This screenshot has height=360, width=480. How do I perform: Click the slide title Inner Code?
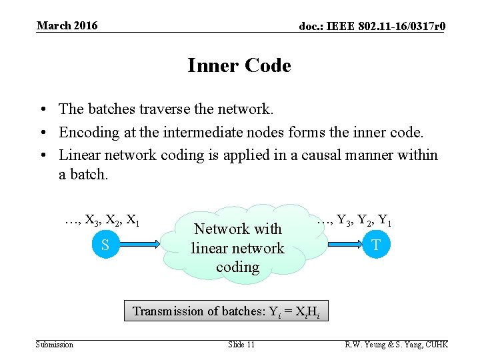pyautogui.click(x=239, y=66)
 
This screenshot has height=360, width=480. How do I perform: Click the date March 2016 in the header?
pyautogui.click(x=67, y=26)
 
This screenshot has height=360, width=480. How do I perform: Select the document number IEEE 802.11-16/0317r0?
pyautogui.click(x=372, y=27)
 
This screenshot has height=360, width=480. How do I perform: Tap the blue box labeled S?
pyautogui.click(x=105, y=245)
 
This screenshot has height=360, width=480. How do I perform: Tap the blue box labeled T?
pyautogui.click(x=376, y=245)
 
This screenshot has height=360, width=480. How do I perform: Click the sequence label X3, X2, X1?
pyautogui.click(x=102, y=219)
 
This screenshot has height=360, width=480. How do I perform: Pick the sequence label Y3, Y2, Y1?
pyautogui.click(x=354, y=219)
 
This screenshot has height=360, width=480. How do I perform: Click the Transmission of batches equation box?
pyautogui.click(x=226, y=311)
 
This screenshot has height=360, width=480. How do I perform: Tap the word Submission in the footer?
pyautogui.click(x=55, y=345)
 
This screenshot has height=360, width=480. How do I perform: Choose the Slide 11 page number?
pyautogui.click(x=241, y=345)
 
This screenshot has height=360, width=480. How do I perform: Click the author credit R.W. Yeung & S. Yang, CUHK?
pyautogui.click(x=396, y=345)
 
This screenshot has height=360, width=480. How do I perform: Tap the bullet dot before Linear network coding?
pyautogui.click(x=42, y=156)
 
